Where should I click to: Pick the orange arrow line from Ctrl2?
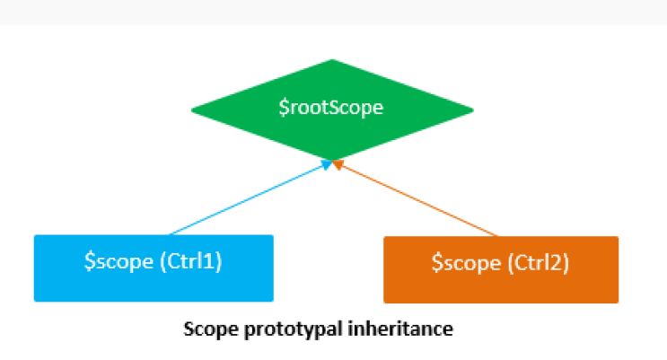coord(417,200)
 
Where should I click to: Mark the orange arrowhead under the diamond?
coord(338,165)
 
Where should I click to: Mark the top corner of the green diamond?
coord(332,61)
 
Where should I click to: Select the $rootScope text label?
coord(331,109)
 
